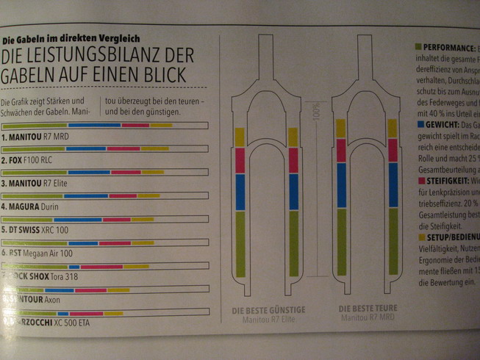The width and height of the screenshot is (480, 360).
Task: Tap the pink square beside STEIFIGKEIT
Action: click(418, 178)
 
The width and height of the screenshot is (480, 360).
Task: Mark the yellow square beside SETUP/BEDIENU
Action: click(419, 237)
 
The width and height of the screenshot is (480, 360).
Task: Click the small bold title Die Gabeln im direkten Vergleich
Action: click(71, 38)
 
